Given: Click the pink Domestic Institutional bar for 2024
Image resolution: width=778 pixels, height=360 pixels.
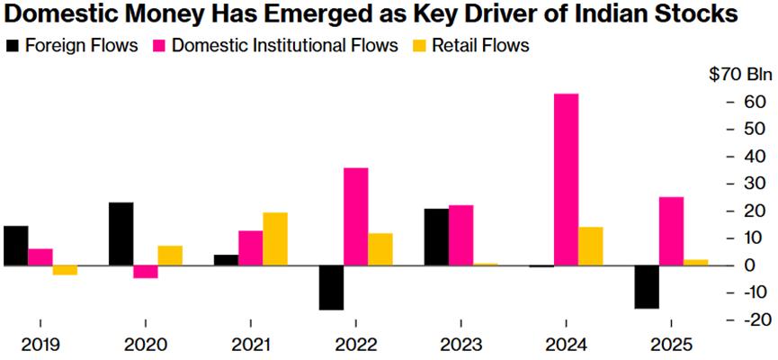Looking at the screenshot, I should pos(566,179).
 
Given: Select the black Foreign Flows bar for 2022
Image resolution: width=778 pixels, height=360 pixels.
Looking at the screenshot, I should pos(331,287).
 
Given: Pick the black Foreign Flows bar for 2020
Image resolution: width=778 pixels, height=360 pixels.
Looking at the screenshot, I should pos(121,234).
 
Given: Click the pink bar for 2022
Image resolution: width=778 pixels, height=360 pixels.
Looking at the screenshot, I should pos(355,216).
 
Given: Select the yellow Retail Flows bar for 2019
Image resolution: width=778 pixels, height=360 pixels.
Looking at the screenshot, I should pos(65,270).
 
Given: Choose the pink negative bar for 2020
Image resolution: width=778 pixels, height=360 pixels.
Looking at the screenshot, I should pos(146,272).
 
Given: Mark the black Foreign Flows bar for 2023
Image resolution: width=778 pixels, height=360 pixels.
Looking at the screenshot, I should pos(436,237).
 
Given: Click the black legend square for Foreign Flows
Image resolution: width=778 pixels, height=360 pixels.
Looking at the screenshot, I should pos(12,45).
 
